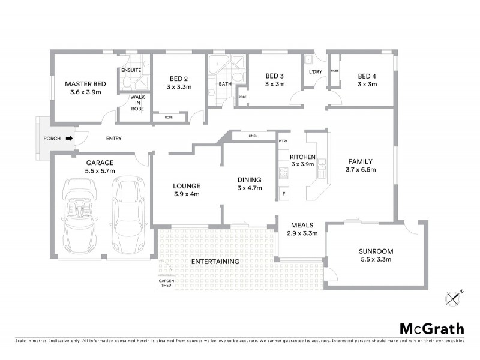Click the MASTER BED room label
[85, 83]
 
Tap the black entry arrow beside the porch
[70, 139]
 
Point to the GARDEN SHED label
[166, 283]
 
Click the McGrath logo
[432, 328]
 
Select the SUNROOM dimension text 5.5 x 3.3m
[375, 259]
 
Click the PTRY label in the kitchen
[284, 141]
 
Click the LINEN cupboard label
[253, 136]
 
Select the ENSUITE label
[131, 70]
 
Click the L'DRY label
[315, 72]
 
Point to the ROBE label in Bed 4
[334, 71]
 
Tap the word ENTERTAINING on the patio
[215, 262]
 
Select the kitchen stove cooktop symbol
[284, 173]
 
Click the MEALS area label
[301, 224]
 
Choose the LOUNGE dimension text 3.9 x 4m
[186, 194]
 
